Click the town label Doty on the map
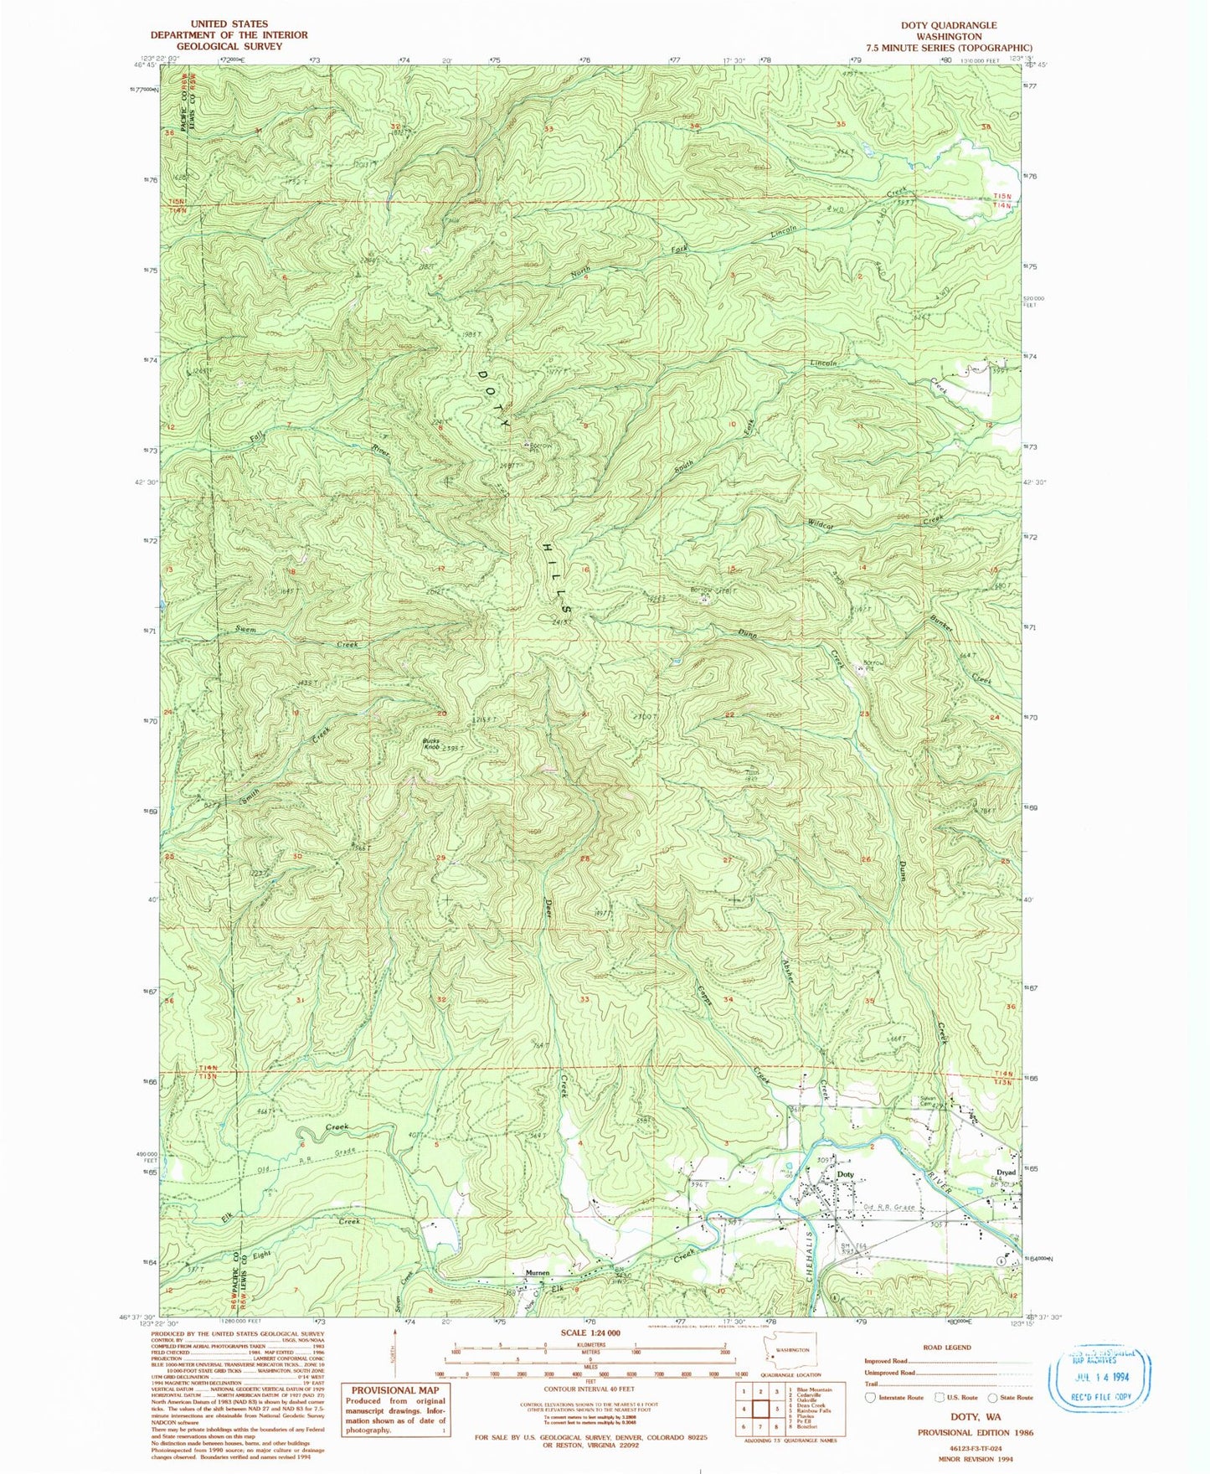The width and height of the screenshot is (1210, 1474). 846,1174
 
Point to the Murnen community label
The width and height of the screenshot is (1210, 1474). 537,1273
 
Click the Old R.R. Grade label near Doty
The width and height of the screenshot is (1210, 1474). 889,1208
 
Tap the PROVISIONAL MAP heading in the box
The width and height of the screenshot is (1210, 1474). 395,1390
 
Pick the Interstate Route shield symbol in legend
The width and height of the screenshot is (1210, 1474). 870,1397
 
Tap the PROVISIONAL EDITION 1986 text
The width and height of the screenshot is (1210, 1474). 975,1432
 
